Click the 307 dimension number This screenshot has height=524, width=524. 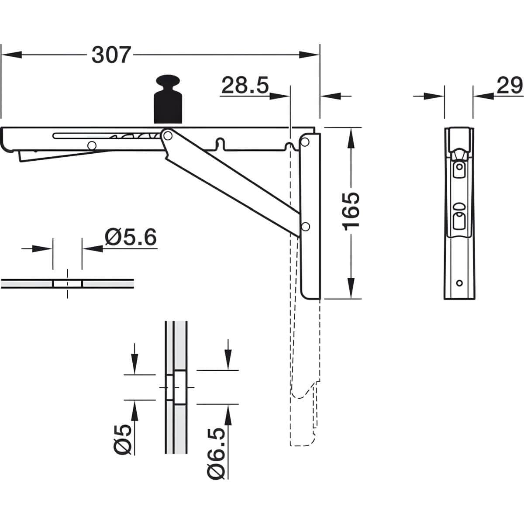point(111,55)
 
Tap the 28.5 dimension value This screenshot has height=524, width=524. point(245,86)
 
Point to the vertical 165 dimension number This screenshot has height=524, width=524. point(351,211)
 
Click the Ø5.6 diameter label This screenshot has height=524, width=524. point(131,237)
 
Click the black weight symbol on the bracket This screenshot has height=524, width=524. point(168,99)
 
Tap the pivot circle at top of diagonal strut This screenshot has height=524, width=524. point(168,135)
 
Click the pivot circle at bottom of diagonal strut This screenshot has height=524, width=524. point(306,226)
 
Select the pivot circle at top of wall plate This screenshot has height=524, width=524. point(305,141)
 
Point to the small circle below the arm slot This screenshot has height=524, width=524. point(92,146)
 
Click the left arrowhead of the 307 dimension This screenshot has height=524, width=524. point(11,55)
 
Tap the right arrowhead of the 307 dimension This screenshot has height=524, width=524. point(309,55)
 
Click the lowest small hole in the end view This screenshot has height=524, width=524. point(459,283)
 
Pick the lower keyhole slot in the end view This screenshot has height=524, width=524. point(459,220)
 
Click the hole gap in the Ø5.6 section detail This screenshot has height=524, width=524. point(67,284)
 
